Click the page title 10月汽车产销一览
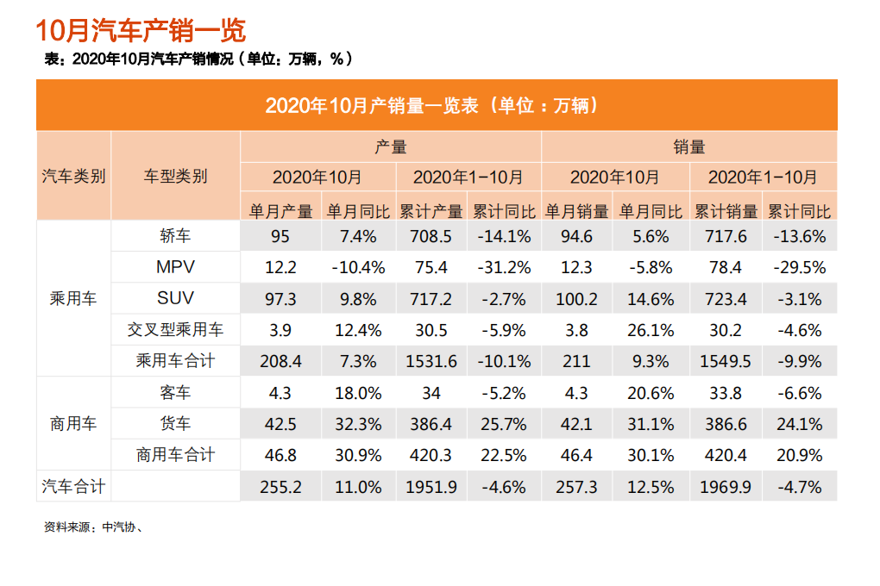[141, 31]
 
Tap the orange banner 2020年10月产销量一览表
[436, 106]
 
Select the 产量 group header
[391, 146]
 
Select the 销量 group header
[688, 146]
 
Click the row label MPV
[175, 267]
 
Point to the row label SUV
[175, 298]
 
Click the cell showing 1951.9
[431, 487]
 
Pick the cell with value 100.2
[577, 299]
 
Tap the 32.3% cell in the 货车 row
[358, 424]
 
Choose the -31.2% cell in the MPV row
[504, 267]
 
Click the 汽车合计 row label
[74, 486]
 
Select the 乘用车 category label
[74, 299]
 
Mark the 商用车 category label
[74, 424]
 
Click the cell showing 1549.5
[726, 361]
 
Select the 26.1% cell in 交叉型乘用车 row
[651, 330]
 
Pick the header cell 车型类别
[175, 177]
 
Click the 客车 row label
[175, 393]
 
